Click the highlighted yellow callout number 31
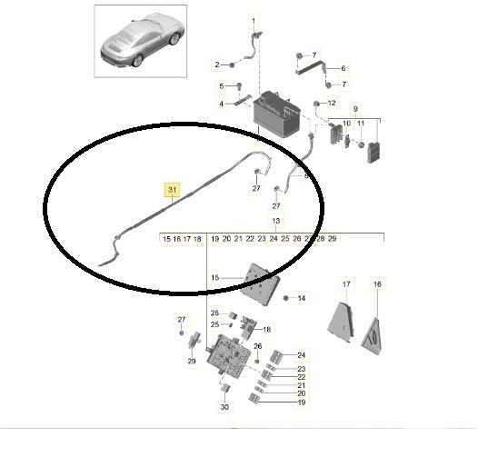pos(173,190)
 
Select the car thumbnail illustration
pos(141,41)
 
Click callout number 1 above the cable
pos(254,21)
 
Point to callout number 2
pos(217,65)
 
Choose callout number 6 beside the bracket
pos(344,68)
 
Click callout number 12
pos(332,103)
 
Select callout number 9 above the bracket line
pos(355,108)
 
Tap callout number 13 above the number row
pos(276,221)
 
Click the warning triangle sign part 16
pos(373,337)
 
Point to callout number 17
pos(346,284)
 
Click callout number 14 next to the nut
pos(301,298)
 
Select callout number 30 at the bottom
pos(224,407)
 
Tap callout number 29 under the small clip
pos(192,362)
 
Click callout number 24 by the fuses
pos(301,355)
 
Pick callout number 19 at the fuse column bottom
pos(301,402)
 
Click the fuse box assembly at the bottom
pos(229,353)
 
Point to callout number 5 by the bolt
pos(222,86)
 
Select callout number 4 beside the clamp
pos(222,104)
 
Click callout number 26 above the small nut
pos(257,346)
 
